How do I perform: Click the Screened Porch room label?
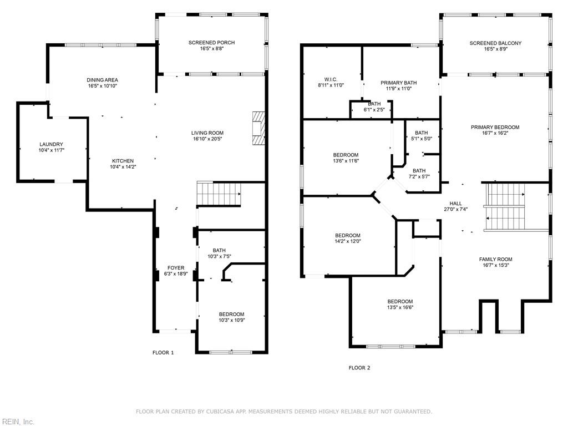click(x=211, y=43)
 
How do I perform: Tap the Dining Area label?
click(x=102, y=80)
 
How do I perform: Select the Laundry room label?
click(x=51, y=144)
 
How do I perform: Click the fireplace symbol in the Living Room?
click(x=258, y=129)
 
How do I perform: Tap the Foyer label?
click(x=176, y=268)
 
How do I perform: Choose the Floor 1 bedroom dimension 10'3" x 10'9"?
click(x=231, y=320)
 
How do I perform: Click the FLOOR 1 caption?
click(x=163, y=352)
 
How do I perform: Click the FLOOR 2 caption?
click(x=359, y=368)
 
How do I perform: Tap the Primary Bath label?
click(x=399, y=83)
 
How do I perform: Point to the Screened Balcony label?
click(x=495, y=43)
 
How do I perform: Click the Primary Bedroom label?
click(x=495, y=127)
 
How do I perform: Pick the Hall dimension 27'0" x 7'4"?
click(x=456, y=210)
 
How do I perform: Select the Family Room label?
click(x=495, y=259)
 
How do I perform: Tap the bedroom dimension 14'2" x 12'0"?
click(x=347, y=241)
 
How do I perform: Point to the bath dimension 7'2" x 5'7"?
click(x=419, y=177)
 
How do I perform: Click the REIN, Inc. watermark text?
click(x=18, y=422)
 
